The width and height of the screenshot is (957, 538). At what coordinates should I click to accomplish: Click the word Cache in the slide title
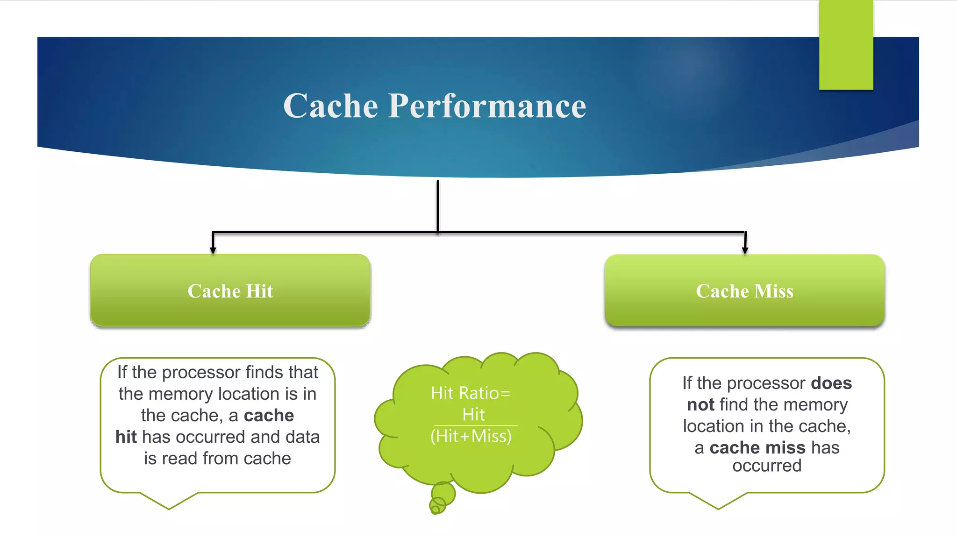330,106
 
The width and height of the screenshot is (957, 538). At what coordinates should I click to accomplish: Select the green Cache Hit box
230,290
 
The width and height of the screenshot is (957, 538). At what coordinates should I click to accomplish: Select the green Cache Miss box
744,290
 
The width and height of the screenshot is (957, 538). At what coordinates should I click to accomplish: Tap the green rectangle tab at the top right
846,45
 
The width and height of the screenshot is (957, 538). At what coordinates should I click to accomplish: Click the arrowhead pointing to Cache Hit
213,250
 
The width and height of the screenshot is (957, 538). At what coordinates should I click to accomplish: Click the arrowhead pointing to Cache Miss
745,250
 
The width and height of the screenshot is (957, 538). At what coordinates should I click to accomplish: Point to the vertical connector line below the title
438,205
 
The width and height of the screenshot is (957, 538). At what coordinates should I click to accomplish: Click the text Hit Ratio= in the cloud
471,393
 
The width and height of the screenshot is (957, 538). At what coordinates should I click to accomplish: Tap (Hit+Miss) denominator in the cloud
471,436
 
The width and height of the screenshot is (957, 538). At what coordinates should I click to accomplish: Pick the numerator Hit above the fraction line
473,415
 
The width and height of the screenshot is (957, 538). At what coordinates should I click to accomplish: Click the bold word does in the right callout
831,383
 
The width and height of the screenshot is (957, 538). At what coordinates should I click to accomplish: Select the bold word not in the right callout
700,404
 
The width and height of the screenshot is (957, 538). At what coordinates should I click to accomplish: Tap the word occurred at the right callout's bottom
767,466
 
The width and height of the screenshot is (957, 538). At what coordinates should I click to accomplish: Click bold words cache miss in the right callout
757,447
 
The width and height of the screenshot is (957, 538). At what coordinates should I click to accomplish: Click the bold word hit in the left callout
126,437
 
